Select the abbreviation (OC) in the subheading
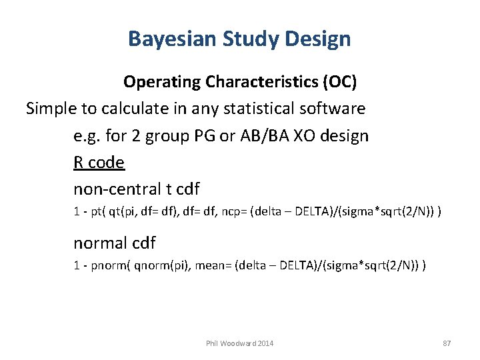tap(340, 82)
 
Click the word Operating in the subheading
tap(162, 82)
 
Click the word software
tap(334, 108)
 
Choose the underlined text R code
tap(99, 163)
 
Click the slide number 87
tap(447, 343)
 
